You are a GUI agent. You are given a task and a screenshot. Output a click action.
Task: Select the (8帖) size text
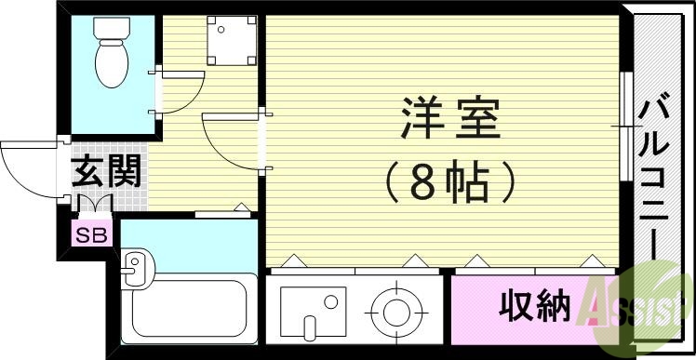click(450, 181)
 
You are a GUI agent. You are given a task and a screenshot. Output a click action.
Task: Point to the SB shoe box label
click(91, 235)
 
